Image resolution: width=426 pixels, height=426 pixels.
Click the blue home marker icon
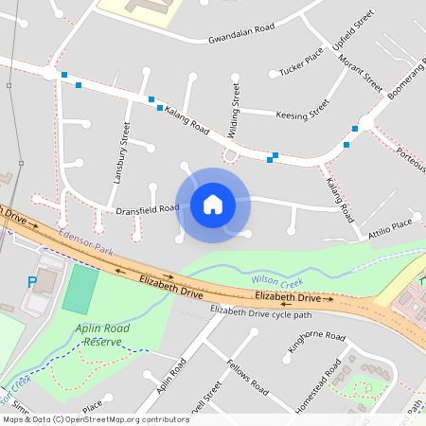click(x=212, y=204)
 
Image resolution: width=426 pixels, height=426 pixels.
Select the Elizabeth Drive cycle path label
click(x=260, y=312)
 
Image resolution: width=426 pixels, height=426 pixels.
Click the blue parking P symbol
click(x=32, y=281)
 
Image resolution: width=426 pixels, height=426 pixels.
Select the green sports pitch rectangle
click(x=80, y=290)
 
